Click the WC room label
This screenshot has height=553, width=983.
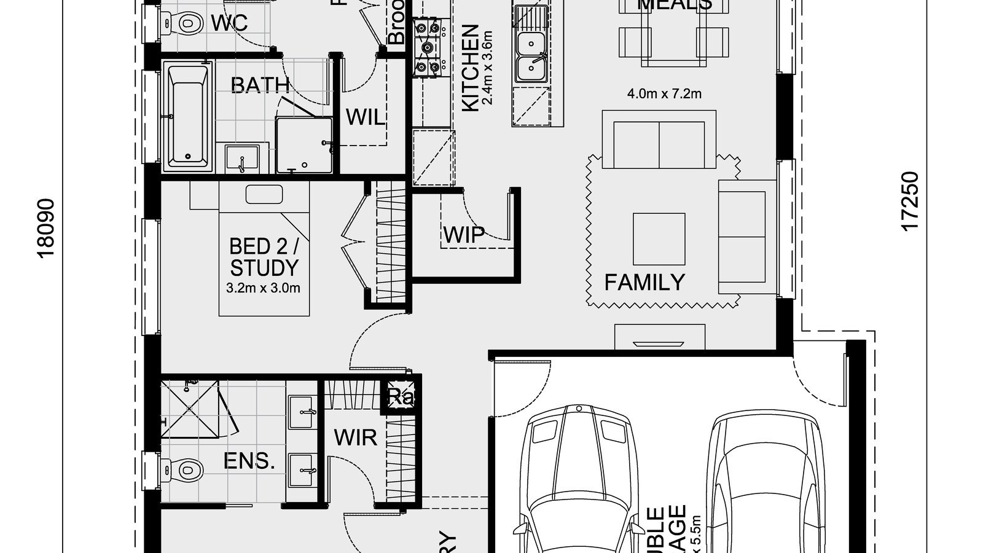tap(229, 23)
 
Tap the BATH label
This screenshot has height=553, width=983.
tap(260, 85)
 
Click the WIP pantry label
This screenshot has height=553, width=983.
tap(463, 234)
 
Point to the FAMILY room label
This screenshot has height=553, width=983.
tap(644, 282)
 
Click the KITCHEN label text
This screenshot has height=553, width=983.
tap(470, 68)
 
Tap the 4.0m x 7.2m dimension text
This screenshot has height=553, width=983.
tap(664, 94)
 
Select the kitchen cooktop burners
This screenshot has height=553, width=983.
tap(428, 47)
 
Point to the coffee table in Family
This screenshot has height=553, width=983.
tap(659, 239)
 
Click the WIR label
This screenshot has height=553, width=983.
tap(355, 437)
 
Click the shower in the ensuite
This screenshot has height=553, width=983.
tap(190, 409)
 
